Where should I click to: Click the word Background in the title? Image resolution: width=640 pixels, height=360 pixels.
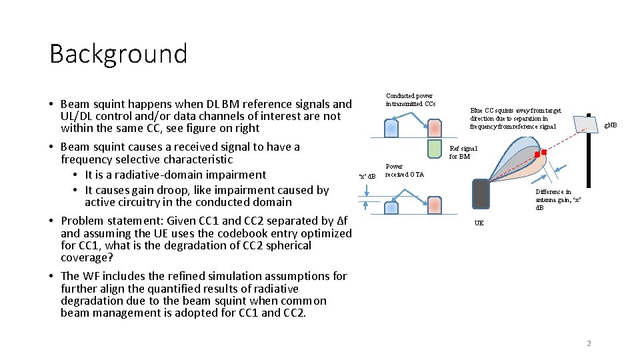click(x=119, y=54)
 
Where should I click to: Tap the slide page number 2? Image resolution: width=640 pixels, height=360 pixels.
click(x=589, y=343)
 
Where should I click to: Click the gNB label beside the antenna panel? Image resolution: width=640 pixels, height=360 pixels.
click(x=610, y=125)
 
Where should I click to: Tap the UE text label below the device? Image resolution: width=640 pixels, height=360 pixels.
click(x=479, y=223)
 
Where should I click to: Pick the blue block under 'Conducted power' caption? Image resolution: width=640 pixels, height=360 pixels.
click(x=391, y=128)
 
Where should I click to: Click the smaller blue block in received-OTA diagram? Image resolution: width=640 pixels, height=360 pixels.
click(x=391, y=207)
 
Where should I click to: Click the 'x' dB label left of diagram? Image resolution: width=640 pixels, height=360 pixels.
click(x=367, y=176)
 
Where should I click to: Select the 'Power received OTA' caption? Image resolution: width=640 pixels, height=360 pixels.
click(x=404, y=171)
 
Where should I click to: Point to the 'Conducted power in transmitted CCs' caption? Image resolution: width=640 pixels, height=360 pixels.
click(x=410, y=100)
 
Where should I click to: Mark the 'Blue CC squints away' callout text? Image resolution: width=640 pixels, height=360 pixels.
click(x=515, y=118)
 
